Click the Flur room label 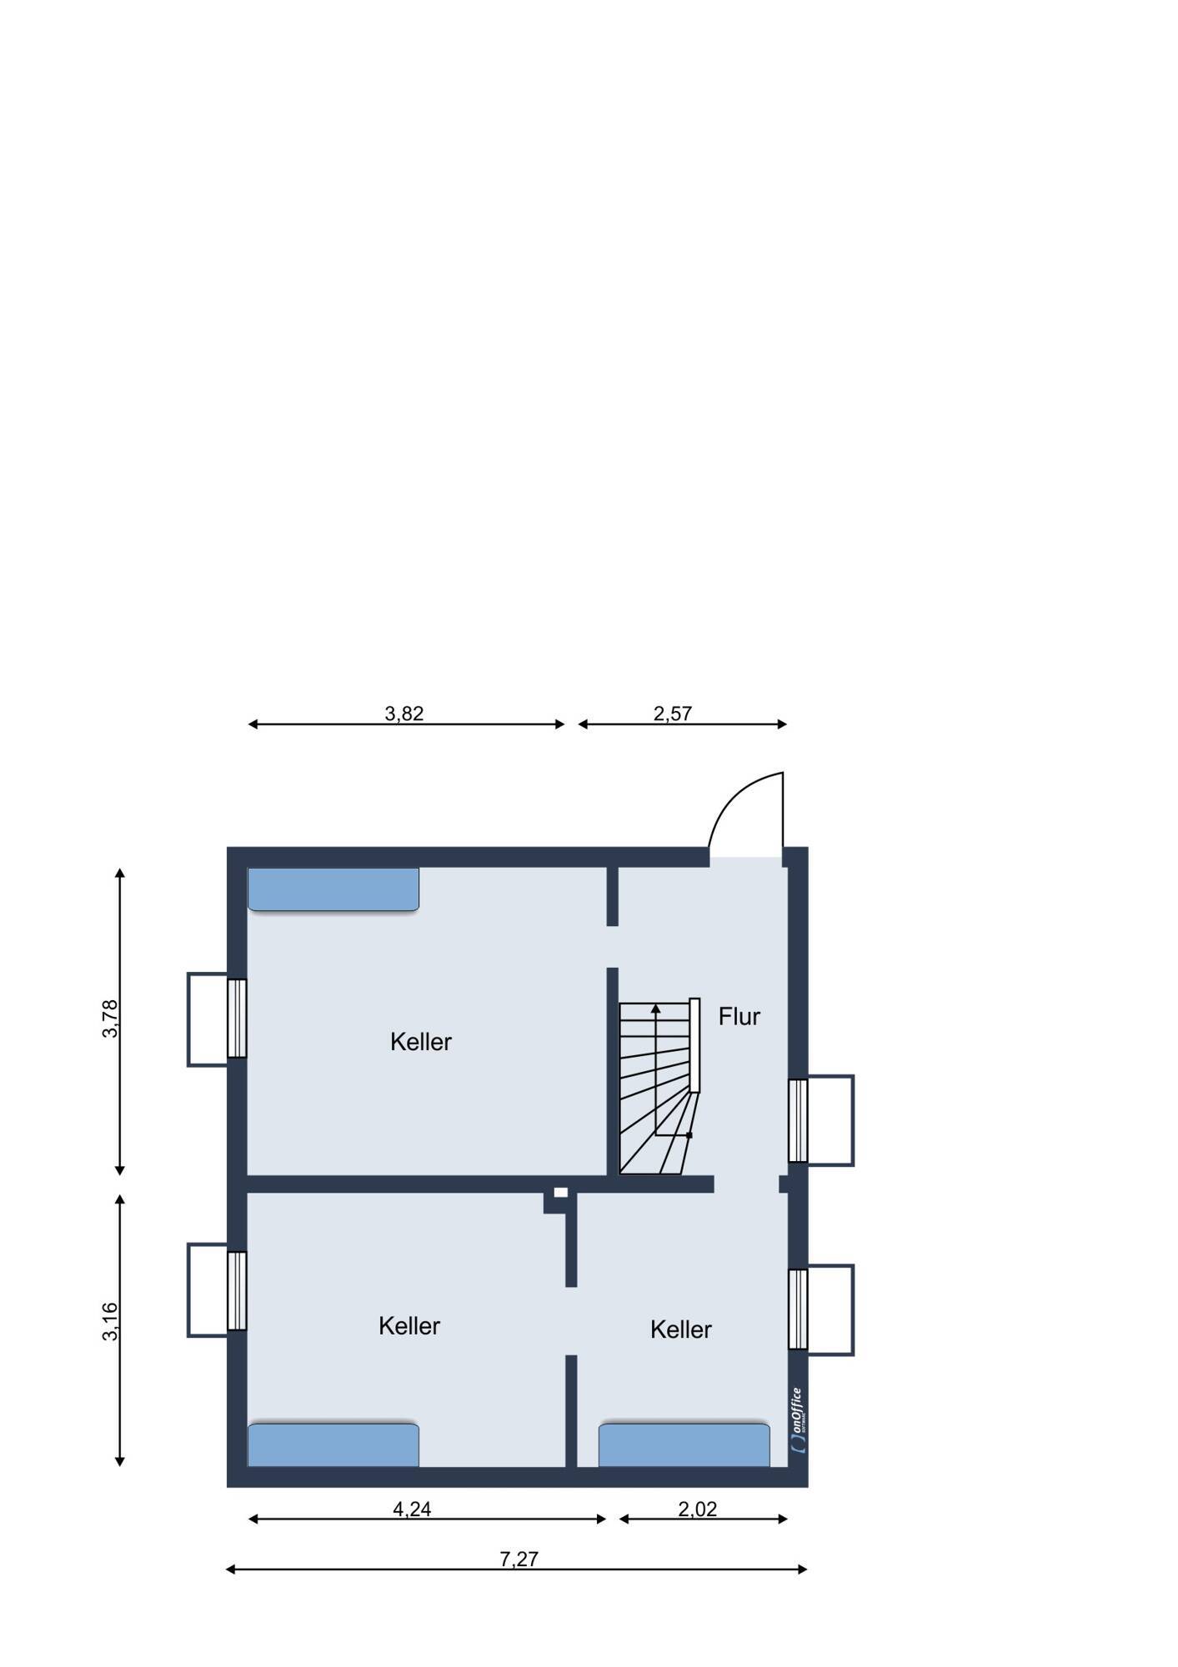(739, 1016)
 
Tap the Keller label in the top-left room (421, 1041)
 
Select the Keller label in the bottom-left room (409, 1325)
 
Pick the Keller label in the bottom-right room (681, 1329)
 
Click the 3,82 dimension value (404, 713)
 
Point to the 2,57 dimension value (673, 713)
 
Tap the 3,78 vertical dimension (110, 1019)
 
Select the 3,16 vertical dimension (110, 1322)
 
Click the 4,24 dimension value (412, 1509)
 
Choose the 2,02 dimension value (697, 1509)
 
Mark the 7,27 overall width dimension (519, 1559)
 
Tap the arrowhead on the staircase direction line (656, 1009)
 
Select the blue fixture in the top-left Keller (333, 889)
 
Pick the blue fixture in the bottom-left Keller (333, 1444)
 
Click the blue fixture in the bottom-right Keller (684, 1444)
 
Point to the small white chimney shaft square (561, 1193)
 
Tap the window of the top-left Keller (237, 1019)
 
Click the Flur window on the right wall (798, 1120)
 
